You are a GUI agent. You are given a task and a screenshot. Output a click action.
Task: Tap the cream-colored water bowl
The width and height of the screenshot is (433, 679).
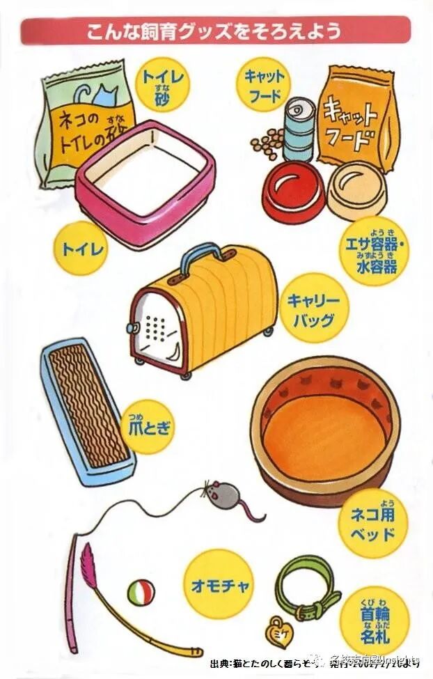356,189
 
